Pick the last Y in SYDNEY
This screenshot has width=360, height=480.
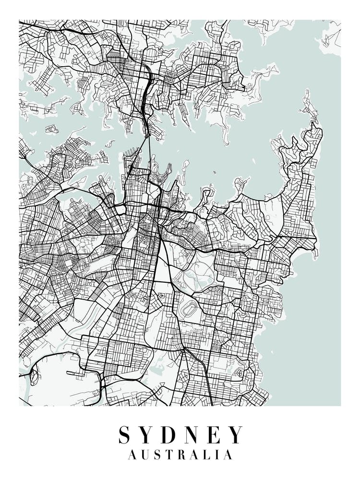click(236, 434)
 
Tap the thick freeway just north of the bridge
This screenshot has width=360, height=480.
click(145, 96)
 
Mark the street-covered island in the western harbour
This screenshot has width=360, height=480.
click(52, 129)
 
